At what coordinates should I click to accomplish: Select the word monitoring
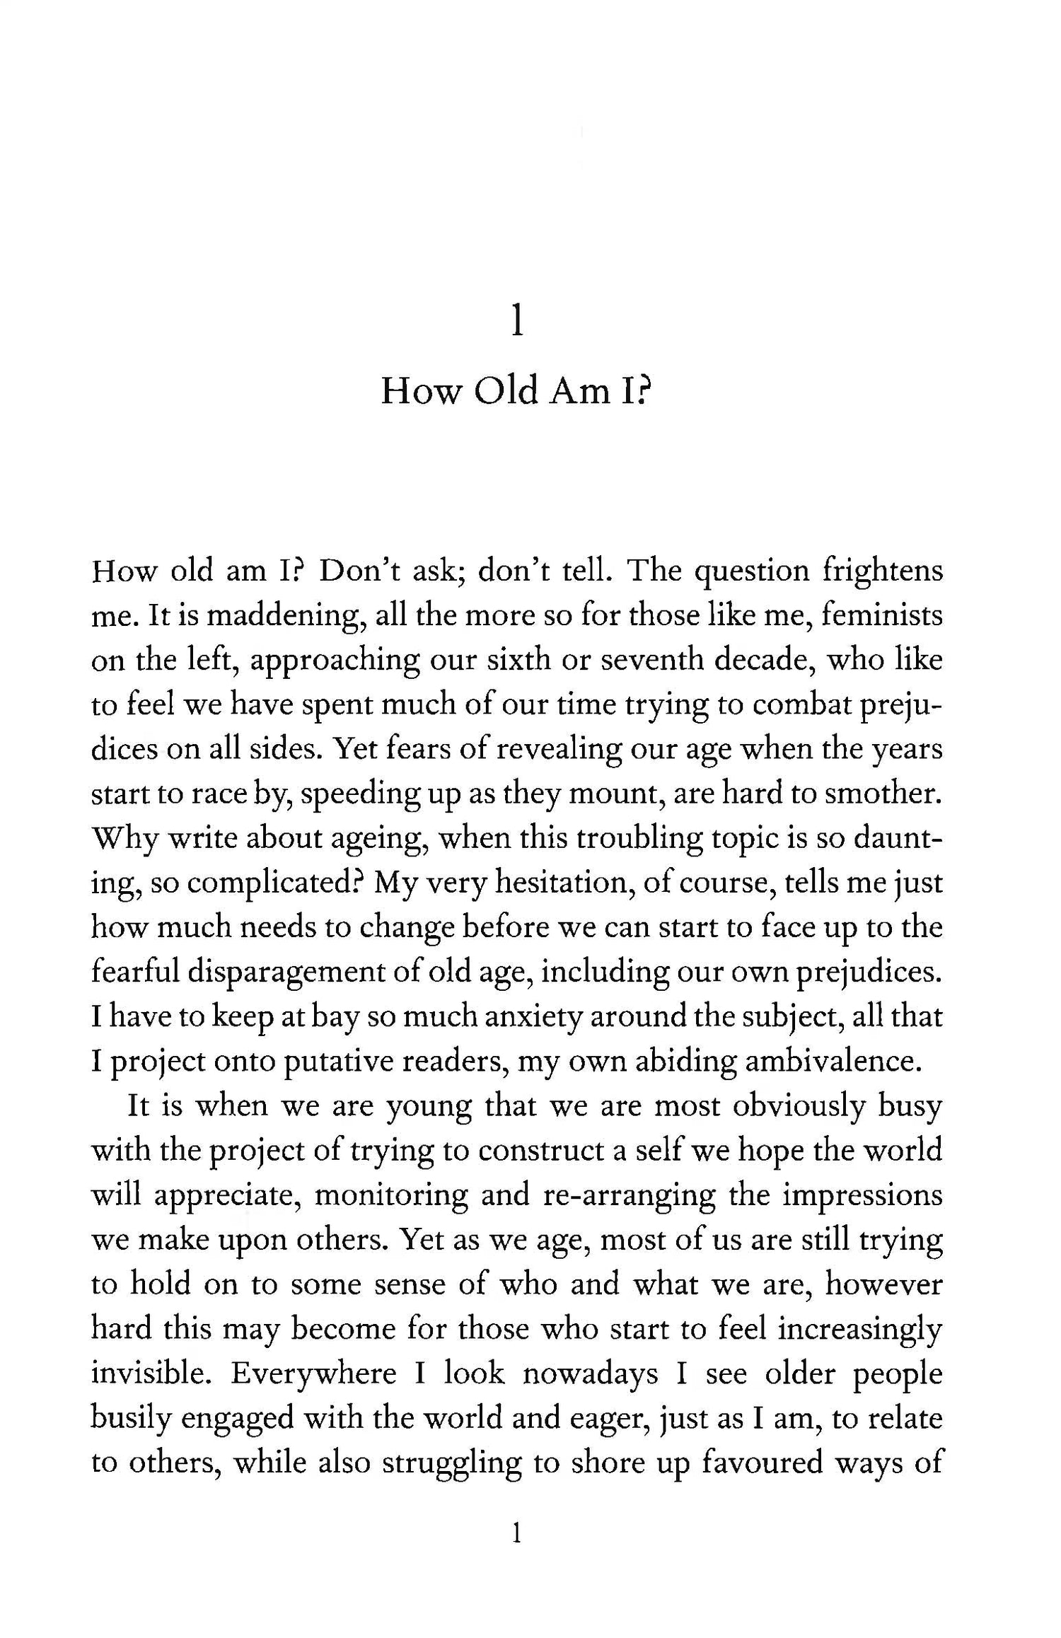(x=390, y=1195)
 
